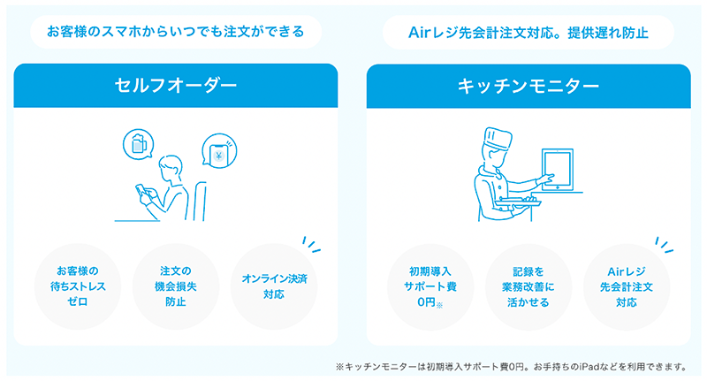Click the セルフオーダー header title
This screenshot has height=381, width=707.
(x=176, y=86)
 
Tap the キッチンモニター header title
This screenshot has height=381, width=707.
(x=528, y=86)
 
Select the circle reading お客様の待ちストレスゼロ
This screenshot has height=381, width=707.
(x=79, y=286)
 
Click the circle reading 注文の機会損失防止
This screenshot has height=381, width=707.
(x=176, y=286)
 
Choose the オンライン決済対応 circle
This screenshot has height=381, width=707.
(x=273, y=286)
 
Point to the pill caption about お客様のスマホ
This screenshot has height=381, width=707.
(x=175, y=33)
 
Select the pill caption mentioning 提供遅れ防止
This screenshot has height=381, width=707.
(x=528, y=33)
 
